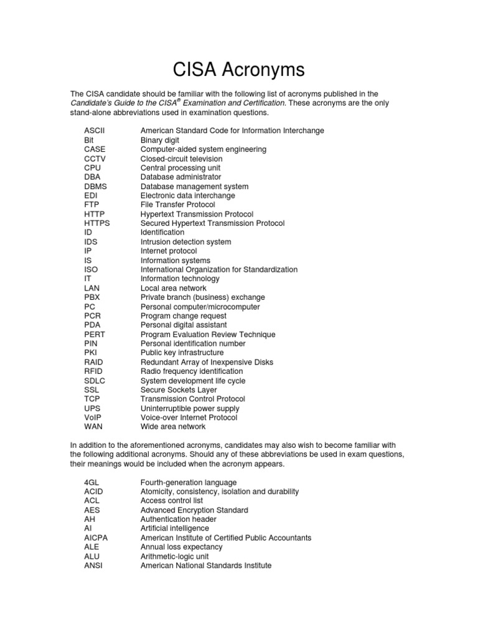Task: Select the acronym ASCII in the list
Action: [x=94, y=131]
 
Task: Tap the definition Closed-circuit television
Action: [x=181, y=159]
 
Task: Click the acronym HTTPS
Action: [x=97, y=223]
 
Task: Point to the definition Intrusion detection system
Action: [x=185, y=242]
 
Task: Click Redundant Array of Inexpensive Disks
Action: [x=207, y=362]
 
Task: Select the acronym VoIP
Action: [x=93, y=417]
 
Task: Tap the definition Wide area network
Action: [x=173, y=427]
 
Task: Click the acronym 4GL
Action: [x=91, y=482]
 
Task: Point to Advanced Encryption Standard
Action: [x=194, y=510]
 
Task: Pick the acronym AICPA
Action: [x=96, y=538]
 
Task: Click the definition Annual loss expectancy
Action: [x=181, y=547]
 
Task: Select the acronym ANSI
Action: [x=93, y=566]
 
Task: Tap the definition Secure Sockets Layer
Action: [x=179, y=390]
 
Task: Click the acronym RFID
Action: [x=94, y=371]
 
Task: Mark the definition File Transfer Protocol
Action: [x=177, y=205]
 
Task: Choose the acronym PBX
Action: [x=92, y=297]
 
